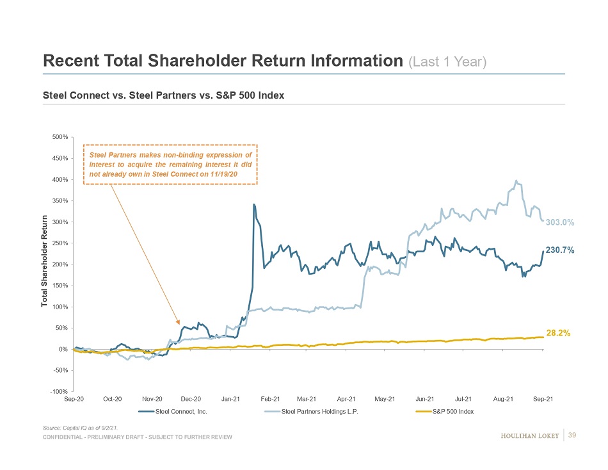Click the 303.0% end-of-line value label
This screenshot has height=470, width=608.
point(560,223)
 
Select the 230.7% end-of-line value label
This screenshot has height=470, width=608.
point(559,250)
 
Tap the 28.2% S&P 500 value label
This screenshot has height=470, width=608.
point(558,333)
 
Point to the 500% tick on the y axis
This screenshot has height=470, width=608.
point(61,137)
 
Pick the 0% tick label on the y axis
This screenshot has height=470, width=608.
point(64,350)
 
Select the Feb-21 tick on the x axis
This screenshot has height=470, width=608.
point(271,399)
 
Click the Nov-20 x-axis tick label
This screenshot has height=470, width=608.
point(152,399)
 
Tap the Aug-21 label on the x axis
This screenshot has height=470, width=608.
point(504,399)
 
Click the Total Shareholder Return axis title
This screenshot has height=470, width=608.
point(45,260)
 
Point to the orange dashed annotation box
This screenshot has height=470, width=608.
point(170,164)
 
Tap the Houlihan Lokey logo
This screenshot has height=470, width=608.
point(529,436)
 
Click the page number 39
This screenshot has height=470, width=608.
point(572,435)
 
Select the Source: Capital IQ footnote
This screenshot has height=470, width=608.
point(80,426)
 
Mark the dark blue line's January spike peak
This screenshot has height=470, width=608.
point(254,205)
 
